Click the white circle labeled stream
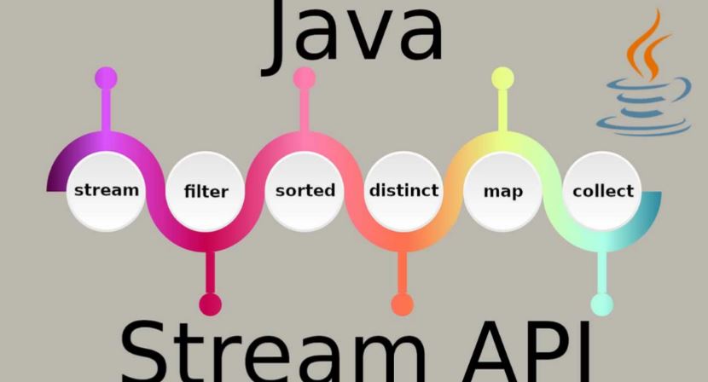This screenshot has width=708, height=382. point(106,189)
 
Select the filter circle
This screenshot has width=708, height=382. point(206,191)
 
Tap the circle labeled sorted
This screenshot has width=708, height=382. point(305,190)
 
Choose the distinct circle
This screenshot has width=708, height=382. point(403,189)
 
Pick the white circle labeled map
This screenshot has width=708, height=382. point(503,190)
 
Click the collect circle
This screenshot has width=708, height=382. point(603,190)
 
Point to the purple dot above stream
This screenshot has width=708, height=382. point(106,78)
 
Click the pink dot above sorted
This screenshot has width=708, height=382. point(305,78)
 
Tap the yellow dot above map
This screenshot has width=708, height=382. point(503,78)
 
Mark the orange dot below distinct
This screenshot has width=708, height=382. point(402,304)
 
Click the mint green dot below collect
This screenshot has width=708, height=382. point(601,304)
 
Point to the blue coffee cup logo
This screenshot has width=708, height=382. point(647,107)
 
